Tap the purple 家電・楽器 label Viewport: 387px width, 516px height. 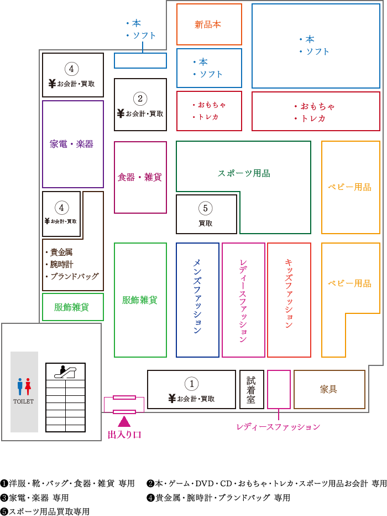[72, 145]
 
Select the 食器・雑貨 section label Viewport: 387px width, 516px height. [140, 177]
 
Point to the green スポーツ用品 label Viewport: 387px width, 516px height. [244, 173]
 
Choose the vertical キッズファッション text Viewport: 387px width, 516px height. [289, 293]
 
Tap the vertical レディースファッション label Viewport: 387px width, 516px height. [243, 300]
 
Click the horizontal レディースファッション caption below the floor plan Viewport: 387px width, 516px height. [278, 427]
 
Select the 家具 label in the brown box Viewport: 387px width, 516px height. [329, 389]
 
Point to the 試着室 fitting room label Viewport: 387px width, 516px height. [251, 389]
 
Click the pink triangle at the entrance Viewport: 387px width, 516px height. [124, 421]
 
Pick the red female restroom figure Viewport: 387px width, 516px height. [28, 387]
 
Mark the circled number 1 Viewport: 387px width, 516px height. [191, 383]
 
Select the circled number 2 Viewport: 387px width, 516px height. [140, 99]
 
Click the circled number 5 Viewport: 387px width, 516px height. [206, 208]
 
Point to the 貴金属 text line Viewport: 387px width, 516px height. [57, 252]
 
